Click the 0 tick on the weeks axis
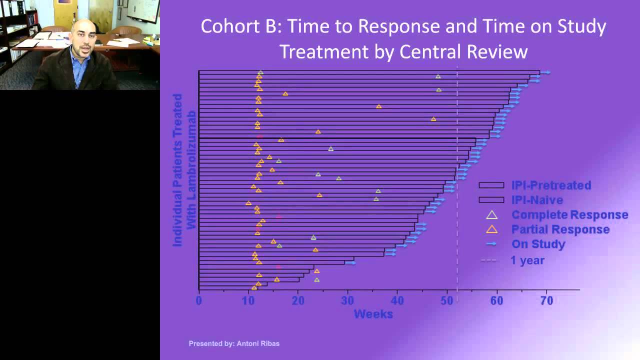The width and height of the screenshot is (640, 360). click(x=199, y=301)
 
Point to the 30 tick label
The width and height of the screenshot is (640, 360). click(x=348, y=301)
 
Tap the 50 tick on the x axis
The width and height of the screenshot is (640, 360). click(x=447, y=301)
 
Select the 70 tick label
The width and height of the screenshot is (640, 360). click(x=546, y=301)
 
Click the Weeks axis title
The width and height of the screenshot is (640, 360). click(x=373, y=314)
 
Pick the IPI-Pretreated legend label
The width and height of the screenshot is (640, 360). click(x=551, y=185)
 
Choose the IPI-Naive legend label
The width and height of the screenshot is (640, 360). click(x=537, y=200)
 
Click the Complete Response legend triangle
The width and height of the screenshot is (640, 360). click(x=492, y=215)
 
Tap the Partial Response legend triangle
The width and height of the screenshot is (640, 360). click(x=492, y=229)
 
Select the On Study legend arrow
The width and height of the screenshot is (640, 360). click(x=491, y=244)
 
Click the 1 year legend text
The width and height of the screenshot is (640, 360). click(x=527, y=260)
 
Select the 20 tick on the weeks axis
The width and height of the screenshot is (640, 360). click(x=298, y=301)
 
